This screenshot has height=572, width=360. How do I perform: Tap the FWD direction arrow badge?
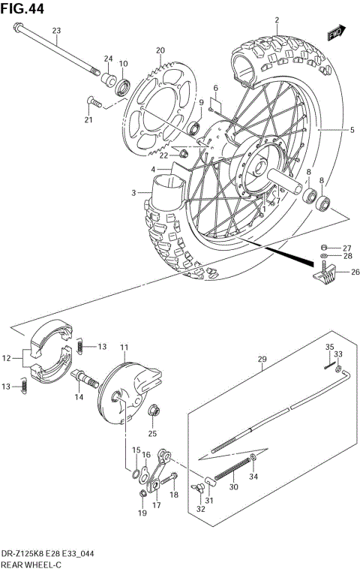point(334,34)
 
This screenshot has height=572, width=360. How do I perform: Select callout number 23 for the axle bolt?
point(55,30)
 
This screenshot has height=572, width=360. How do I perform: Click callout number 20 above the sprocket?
point(159,50)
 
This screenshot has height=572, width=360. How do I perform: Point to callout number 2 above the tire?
point(276,20)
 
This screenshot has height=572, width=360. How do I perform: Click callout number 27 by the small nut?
point(346,248)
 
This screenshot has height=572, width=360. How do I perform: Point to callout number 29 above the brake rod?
point(262,360)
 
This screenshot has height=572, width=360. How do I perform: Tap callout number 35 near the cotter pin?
point(328,347)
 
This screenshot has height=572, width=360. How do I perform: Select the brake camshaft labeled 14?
point(87,381)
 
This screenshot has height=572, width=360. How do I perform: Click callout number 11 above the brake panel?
point(124,347)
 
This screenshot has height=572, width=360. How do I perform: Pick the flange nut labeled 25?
point(153,411)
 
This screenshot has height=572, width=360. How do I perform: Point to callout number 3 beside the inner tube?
point(133,193)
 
